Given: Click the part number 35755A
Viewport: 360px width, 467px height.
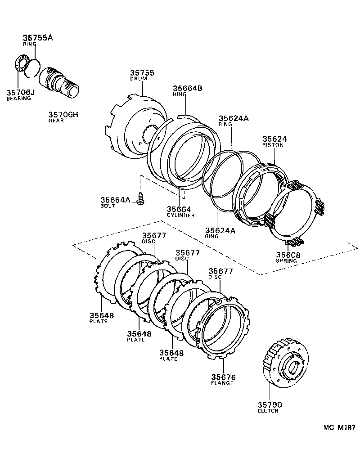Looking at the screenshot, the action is [x=38, y=37].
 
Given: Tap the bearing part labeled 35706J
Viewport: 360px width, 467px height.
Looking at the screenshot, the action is [x=21, y=63].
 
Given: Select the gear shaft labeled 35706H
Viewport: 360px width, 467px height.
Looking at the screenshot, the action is [x=59, y=82].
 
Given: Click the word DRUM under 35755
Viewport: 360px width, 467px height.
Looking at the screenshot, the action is [x=139, y=79].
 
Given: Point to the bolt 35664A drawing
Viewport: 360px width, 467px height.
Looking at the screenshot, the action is [x=140, y=198].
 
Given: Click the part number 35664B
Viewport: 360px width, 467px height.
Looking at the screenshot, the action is [x=188, y=88].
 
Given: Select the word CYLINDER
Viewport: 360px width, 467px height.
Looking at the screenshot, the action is [x=180, y=216].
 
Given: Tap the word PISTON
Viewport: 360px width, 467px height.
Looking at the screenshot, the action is [x=273, y=145].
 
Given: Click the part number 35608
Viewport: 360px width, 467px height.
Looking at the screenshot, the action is [x=288, y=255].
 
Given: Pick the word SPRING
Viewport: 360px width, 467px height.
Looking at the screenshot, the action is [x=286, y=261].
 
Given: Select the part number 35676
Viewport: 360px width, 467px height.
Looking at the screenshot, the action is [x=224, y=377].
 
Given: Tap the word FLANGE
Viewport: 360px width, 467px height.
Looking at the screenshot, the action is [x=222, y=383].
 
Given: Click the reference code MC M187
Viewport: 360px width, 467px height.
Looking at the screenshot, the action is [x=339, y=428].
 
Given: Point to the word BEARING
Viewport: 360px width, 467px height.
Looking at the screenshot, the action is [x=18, y=98].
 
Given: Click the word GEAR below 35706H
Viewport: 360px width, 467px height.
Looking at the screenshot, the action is [x=56, y=121].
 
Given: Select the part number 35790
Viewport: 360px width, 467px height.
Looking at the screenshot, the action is [x=270, y=405].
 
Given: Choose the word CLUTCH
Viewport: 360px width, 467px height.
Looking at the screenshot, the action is [x=268, y=411].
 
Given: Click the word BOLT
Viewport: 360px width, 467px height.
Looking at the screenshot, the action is [x=108, y=206].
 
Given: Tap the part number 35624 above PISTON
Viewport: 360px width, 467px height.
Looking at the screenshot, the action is [x=275, y=139].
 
